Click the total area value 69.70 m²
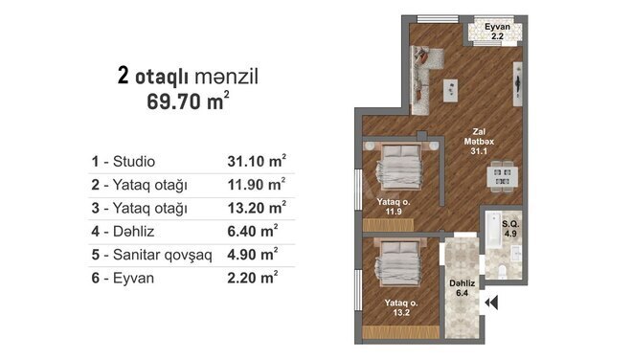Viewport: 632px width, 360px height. coord(188,101)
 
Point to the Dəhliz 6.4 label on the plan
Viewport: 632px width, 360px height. coord(463,288)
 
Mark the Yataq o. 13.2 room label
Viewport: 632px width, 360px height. coord(400,307)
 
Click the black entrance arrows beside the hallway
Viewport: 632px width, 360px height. coord(493,304)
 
